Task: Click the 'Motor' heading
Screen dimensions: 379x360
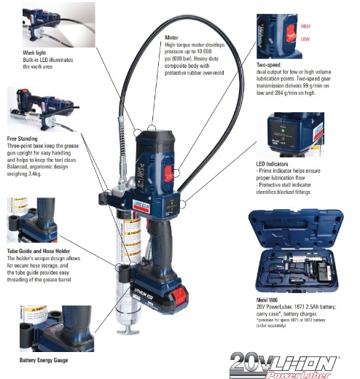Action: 173,36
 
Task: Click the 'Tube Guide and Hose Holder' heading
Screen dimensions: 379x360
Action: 40,251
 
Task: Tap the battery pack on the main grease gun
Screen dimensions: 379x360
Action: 146,292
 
